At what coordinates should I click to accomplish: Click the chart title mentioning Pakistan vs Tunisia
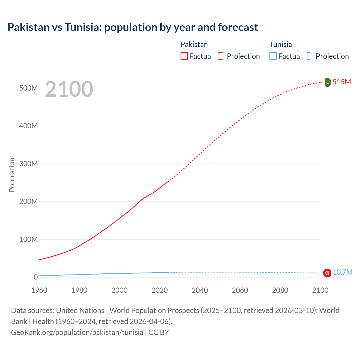pos(132,27)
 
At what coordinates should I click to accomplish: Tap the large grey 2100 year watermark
pos(69,89)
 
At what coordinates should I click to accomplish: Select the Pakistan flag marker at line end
pos(327,82)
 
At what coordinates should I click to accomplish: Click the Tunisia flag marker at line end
pos(327,273)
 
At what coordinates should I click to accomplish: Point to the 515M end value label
pos(342,82)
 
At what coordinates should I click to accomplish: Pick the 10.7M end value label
pos(342,272)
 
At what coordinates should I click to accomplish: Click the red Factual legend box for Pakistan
pos(184,56)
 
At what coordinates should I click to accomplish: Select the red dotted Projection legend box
pos(222,56)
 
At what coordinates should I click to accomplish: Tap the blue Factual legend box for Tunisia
pos(273,56)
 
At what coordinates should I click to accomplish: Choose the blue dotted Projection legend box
pos(311,56)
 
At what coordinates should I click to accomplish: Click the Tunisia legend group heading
pos(281,44)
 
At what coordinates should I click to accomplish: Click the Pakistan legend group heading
pos(194,44)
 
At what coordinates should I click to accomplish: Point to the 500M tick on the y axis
pos(28,88)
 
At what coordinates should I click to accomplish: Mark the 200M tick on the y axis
pos(28,201)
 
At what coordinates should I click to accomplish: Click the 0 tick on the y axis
pos(35,277)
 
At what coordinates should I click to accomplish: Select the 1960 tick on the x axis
pos(39,290)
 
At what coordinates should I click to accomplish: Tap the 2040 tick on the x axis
pos(200,290)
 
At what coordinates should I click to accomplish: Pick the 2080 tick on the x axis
pos(280,290)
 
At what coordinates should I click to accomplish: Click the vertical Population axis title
pos(12,175)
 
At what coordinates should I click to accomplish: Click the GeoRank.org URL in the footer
pos(77,332)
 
